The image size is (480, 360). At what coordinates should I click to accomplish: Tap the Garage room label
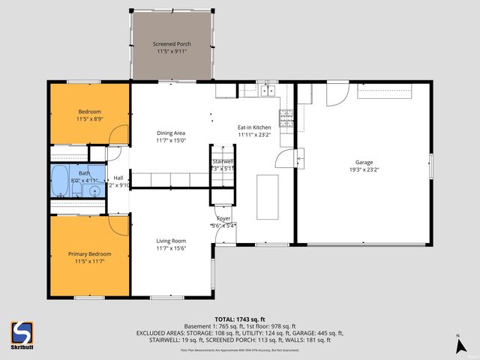[x=364, y=162]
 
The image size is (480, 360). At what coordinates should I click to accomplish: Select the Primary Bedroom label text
[x=89, y=253]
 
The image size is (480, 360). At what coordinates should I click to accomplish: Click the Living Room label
[x=171, y=241]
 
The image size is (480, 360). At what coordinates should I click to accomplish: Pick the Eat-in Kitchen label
[x=254, y=127]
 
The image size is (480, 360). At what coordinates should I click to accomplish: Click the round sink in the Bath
[x=94, y=190]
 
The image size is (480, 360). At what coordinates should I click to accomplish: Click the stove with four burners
[x=286, y=117]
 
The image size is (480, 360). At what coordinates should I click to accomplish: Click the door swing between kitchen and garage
[x=286, y=158]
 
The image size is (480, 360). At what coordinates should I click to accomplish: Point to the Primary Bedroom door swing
[x=118, y=223]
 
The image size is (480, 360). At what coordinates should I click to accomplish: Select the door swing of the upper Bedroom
[x=116, y=136]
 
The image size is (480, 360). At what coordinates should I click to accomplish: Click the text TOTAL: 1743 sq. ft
[x=239, y=319]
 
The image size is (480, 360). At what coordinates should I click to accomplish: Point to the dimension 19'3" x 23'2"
[x=364, y=170]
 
